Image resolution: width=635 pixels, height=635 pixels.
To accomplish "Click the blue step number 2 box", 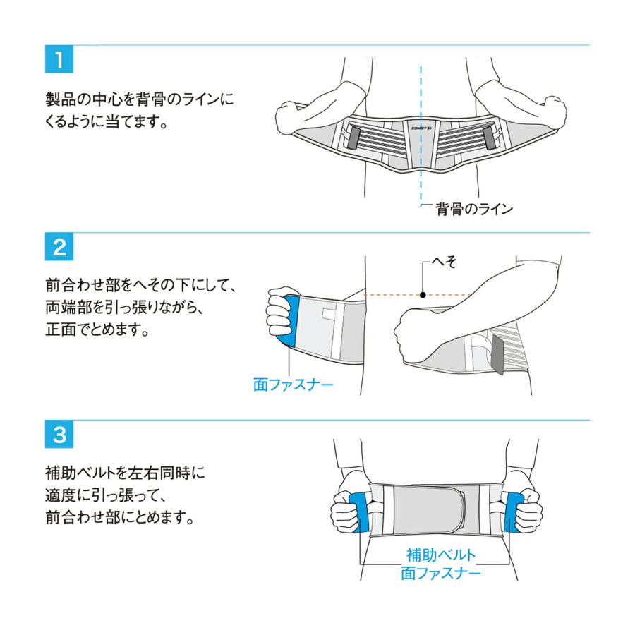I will (59, 247).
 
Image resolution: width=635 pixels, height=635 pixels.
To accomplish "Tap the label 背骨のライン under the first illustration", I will (473, 209).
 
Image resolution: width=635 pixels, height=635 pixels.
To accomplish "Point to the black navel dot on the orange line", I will (422, 294).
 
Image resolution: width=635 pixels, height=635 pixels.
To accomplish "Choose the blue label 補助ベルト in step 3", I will (441, 555).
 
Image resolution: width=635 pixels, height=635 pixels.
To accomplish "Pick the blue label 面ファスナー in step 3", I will (441, 573).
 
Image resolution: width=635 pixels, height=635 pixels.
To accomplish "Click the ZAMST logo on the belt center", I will (421, 128).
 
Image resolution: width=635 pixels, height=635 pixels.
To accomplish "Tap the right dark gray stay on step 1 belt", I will (488, 135).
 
